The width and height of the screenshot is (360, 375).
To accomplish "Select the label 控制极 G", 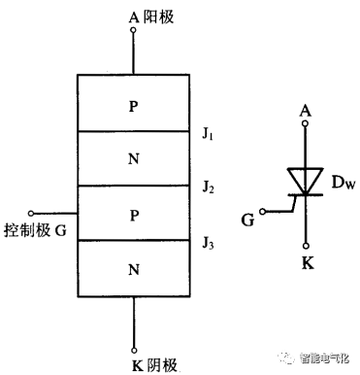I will (x=35, y=230).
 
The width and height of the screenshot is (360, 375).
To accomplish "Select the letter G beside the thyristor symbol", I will (x=248, y=221).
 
